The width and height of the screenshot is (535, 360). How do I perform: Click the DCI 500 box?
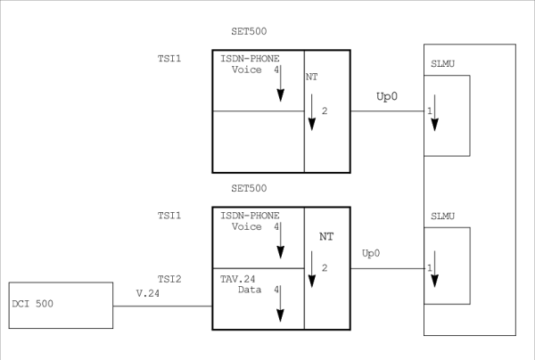tap(61, 306)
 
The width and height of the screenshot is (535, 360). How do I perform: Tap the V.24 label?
tap(147, 293)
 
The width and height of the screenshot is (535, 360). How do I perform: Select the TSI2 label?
tap(169, 279)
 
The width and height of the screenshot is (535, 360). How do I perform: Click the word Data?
tap(250, 290)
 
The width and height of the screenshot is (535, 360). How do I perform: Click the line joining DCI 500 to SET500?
tap(162, 307)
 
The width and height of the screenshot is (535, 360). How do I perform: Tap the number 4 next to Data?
tap(276, 290)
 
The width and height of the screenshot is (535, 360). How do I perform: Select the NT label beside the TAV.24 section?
tap(325, 238)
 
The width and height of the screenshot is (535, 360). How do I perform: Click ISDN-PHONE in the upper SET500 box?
tap(250, 57)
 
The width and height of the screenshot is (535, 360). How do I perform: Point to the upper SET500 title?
tap(248, 32)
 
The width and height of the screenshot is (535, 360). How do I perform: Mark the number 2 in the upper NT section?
tap(325, 111)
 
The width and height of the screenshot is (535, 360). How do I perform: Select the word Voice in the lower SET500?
tap(246, 227)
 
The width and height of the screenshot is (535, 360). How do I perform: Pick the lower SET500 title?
tap(248, 189)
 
